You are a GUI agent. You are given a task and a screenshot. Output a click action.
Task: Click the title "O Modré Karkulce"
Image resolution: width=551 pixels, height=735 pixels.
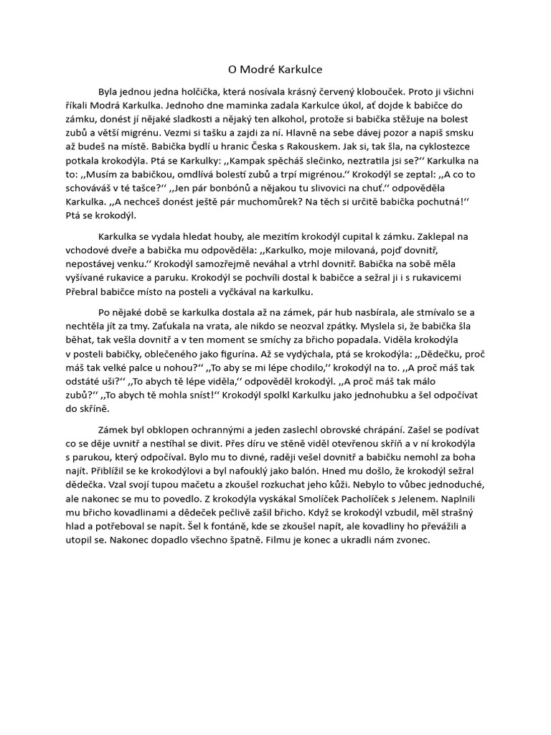tap(275, 70)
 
